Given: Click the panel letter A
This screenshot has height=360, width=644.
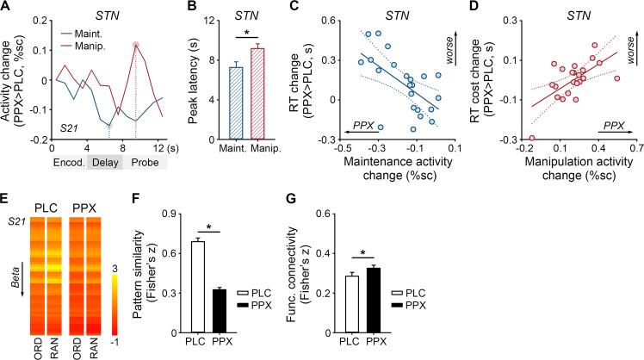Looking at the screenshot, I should click(x=6, y=8).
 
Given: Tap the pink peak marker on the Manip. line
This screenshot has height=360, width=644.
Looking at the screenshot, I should click(x=135, y=45).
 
